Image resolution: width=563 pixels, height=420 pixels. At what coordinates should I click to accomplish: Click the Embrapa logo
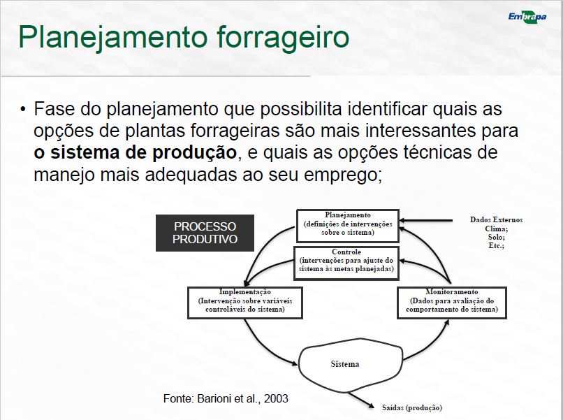click(x=527, y=17)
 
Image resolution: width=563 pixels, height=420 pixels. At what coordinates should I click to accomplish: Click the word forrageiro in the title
click(x=283, y=37)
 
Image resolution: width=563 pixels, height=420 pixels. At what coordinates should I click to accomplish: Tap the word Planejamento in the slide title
click(x=113, y=37)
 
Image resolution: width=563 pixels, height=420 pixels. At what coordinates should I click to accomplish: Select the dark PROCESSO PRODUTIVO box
click(x=205, y=233)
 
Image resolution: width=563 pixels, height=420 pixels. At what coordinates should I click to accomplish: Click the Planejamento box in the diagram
click(x=348, y=226)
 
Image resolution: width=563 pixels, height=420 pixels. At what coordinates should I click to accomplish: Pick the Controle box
click(x=346, y=263)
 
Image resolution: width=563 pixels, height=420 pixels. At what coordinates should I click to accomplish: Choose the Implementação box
click(x=245, y=303)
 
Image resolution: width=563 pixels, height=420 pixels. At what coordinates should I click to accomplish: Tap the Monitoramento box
click(x=452, y=303)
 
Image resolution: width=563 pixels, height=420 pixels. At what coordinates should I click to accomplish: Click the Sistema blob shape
click(x=350, y=365)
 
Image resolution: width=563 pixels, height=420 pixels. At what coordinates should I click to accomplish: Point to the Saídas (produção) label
click(x=412, y=407)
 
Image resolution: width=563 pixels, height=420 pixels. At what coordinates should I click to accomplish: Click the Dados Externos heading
click(x=496, y=219)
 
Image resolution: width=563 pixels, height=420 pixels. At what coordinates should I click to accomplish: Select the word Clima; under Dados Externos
click(x=496, y=229)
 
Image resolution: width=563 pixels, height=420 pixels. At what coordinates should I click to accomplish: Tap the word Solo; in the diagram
click(x=496, y=237)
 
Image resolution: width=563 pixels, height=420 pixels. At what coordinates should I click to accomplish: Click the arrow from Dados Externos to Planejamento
click(x=426, y=220)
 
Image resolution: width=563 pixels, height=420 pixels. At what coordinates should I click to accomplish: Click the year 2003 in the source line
click(x=276, y=398)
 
